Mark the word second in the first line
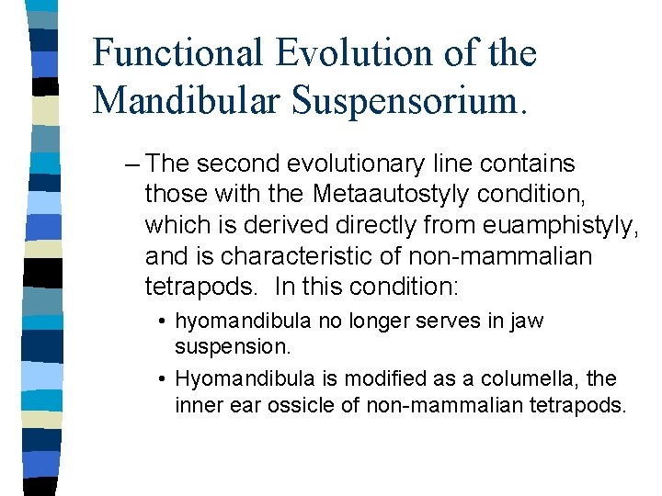(238, 165)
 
